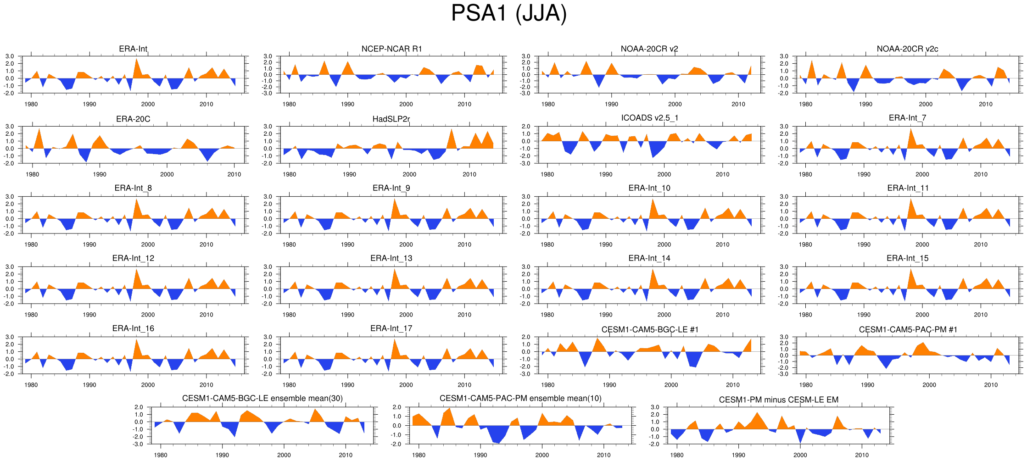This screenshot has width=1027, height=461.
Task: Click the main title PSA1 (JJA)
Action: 509,13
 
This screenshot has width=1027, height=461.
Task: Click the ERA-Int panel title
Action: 133,49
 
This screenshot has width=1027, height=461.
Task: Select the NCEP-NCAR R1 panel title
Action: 391,49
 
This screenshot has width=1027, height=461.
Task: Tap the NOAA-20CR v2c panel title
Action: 907,49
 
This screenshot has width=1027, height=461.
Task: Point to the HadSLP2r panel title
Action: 391,119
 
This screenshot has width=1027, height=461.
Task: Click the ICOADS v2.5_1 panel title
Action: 649,118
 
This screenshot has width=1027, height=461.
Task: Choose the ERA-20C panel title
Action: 133,119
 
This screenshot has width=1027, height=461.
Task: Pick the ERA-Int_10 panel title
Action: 649,188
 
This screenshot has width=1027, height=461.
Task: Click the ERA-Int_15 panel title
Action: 907,258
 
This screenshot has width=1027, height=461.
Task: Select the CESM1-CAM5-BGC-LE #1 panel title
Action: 650,330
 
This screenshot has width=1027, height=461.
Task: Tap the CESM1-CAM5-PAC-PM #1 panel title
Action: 908,330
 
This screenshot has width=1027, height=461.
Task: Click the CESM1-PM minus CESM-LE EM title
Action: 778,400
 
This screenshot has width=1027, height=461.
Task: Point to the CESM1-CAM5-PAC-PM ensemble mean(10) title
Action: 520,399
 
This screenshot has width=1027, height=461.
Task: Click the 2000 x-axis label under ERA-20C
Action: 167,174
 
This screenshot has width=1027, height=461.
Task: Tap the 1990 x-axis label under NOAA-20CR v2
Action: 611,104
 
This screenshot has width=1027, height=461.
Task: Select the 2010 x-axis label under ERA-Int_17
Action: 464,385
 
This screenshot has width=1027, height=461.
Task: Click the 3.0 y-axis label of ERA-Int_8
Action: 10,197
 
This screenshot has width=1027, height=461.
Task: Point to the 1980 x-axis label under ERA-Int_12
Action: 31,315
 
